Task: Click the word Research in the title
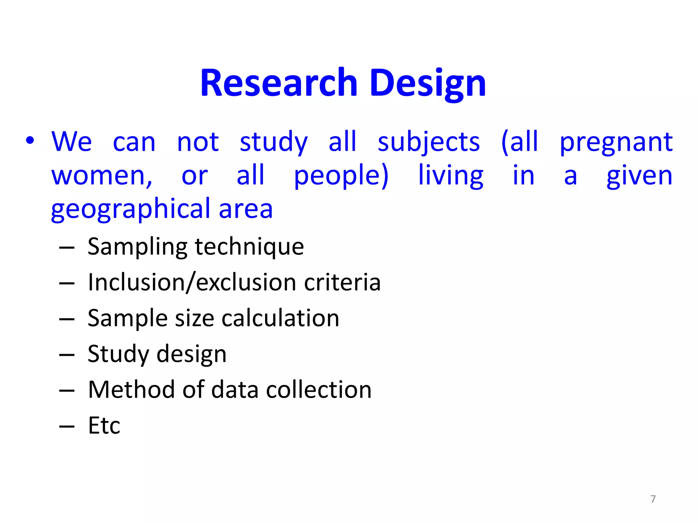pos(278,83)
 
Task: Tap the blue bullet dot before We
pos(30,141)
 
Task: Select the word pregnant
pos(616,142)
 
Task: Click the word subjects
pos(428,142)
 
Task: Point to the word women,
pos(102,176)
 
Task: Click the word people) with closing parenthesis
pos(341,176)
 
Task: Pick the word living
pos(450,176)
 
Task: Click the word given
pos(639,176)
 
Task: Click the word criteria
pos(342,282)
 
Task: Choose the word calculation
pos(280,318)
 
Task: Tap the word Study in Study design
pos(118,354)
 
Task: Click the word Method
pos(131,390)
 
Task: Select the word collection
pos(318,390)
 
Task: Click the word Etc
pos(104,425)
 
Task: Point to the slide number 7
pos(653,499)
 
